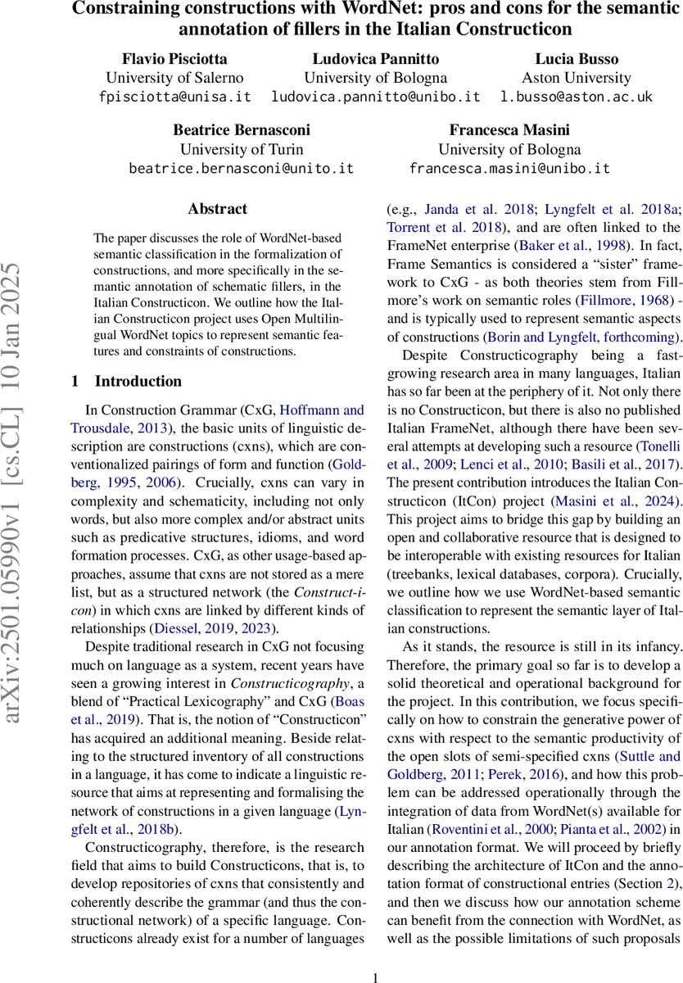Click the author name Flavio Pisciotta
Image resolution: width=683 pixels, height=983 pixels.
tap(174, 59)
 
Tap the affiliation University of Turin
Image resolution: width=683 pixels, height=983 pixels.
tap(242, 149)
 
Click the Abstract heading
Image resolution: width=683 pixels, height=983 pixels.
tap(217, 209)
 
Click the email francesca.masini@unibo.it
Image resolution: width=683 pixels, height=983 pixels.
tap(509, 169)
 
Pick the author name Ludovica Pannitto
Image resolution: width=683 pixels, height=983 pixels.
tap(375, 59)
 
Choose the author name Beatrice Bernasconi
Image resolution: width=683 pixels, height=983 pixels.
tap(241, 130)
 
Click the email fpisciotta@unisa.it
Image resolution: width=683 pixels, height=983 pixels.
tap(174, 97)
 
